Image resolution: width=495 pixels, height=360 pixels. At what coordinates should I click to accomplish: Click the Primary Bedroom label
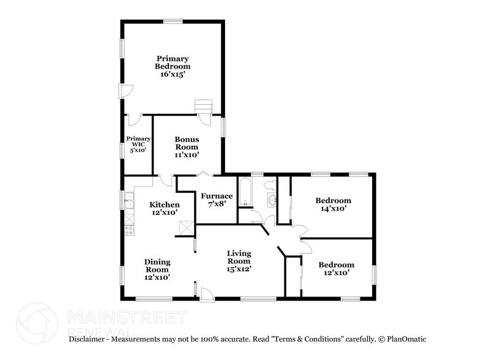172,62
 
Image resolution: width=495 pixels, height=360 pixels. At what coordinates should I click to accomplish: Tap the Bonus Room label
187,143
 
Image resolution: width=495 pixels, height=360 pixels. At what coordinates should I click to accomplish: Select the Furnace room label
215,196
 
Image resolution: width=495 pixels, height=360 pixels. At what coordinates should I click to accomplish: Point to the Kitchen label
165,204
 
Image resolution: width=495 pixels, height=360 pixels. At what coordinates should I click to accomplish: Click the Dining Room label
157,266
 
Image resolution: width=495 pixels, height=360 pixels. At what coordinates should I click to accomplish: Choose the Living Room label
239,257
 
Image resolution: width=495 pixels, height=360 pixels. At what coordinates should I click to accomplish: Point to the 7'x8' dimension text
215,205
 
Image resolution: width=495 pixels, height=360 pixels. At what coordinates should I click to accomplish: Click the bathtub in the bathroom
245,192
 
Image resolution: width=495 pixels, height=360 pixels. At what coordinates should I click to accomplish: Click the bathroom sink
271,200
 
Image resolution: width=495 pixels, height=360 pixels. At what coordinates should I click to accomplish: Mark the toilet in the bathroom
269,184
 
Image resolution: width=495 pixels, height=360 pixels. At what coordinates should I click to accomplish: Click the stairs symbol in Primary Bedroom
203,107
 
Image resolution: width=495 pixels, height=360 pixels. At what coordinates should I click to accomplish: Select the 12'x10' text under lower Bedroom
336,273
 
